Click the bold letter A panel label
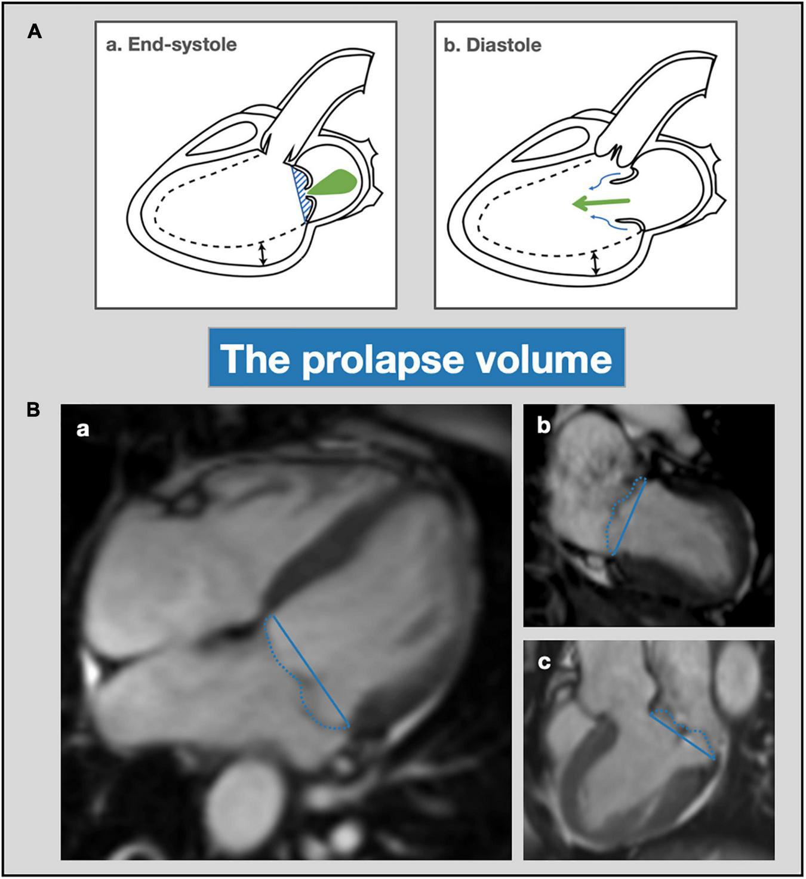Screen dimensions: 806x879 pos(35,32)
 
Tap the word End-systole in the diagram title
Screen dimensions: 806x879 pos(182,45)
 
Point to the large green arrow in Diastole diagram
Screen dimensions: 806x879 pos(600,203)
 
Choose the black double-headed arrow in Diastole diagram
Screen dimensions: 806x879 pos(594,263)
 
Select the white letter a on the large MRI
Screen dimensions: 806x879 pos(83,429)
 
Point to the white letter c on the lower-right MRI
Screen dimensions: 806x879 pos(544,662)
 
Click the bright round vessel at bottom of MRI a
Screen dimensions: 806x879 pos(245,797)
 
